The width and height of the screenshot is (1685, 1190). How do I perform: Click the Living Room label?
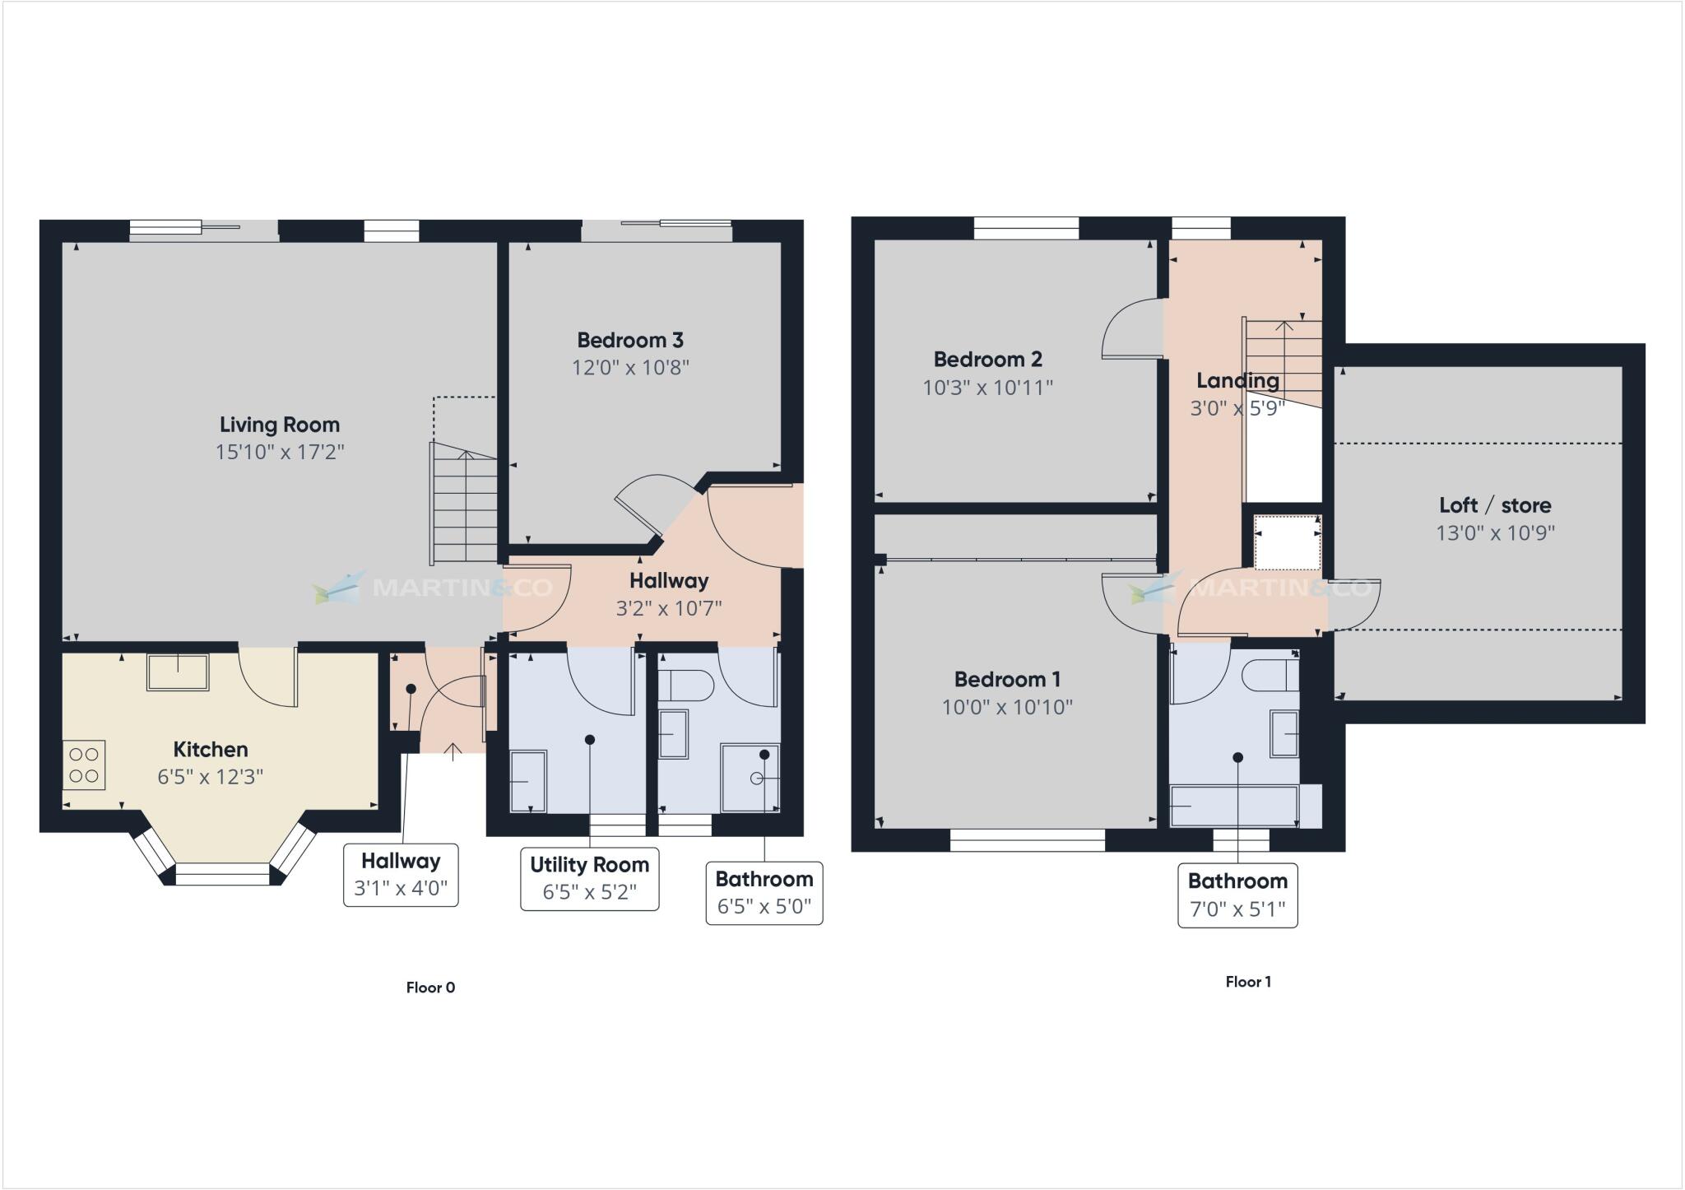(279, 425)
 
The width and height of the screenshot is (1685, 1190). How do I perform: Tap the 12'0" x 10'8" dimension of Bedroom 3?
(630, 367)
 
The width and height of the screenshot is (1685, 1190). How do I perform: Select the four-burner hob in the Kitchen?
(84, 765)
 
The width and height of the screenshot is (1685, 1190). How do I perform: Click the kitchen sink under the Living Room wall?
(178, 672)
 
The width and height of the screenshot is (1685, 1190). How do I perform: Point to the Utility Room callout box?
(589, 878)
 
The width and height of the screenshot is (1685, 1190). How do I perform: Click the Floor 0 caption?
(430, 988)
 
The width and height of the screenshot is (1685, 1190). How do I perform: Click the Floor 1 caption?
(1248, 982)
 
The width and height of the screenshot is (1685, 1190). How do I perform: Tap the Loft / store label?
(1495, 505)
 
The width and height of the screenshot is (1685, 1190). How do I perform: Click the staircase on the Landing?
(1283, 362)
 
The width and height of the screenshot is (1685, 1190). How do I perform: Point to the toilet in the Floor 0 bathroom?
(687, 684)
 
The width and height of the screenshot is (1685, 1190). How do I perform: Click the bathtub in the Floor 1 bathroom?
(1233, 806)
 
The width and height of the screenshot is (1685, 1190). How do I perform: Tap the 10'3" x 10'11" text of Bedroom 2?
(987, 388)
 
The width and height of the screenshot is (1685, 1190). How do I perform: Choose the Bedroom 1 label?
(1007, 680)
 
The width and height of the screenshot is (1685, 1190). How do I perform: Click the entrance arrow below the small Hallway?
(453, 750)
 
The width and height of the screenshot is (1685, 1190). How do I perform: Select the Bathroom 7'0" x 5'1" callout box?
(1237, 895)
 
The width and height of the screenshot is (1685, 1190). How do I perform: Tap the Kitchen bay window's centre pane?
(223, 874)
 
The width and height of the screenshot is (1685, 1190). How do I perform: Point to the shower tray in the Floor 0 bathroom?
(749, 778)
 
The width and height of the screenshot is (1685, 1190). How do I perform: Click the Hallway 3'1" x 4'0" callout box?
(401, 875)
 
